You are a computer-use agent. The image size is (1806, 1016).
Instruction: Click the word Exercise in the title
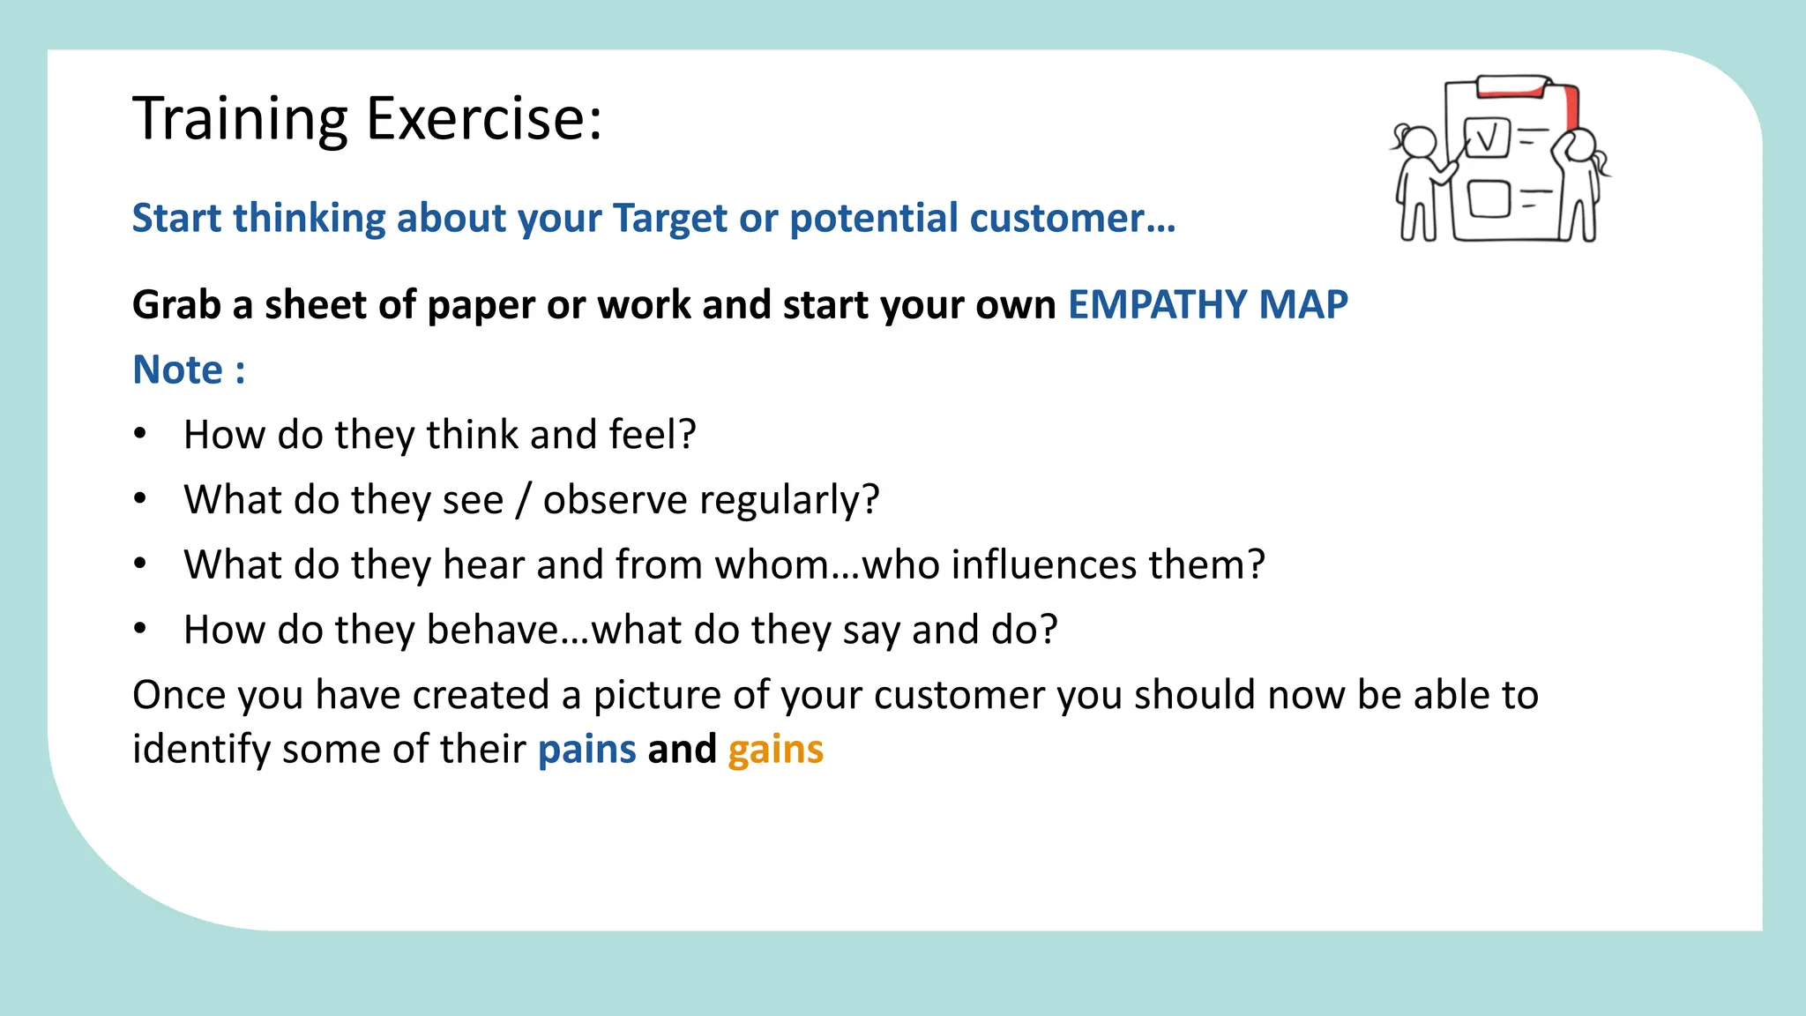click(483, 118)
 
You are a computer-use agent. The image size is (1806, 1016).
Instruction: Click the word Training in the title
click(241, 118)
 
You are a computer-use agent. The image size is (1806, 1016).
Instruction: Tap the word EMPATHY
click(1157, 305)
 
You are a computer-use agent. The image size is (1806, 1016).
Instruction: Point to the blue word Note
click(178, 370)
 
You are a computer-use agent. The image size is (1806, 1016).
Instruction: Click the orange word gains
click(775, 750)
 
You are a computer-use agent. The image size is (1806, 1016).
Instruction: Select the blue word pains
click(586, 750)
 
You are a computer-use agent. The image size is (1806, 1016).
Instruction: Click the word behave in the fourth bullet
click(492, 630)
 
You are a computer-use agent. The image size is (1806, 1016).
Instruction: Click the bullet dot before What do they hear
click(140, 564)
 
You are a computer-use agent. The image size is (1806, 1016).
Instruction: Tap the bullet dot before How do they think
click(140, 434)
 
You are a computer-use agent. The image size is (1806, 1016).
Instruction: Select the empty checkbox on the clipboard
click(1489, 198)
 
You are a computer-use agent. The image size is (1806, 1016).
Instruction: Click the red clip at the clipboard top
click(1513, 86)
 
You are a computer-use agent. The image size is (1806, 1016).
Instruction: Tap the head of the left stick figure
click(1419, 142)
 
